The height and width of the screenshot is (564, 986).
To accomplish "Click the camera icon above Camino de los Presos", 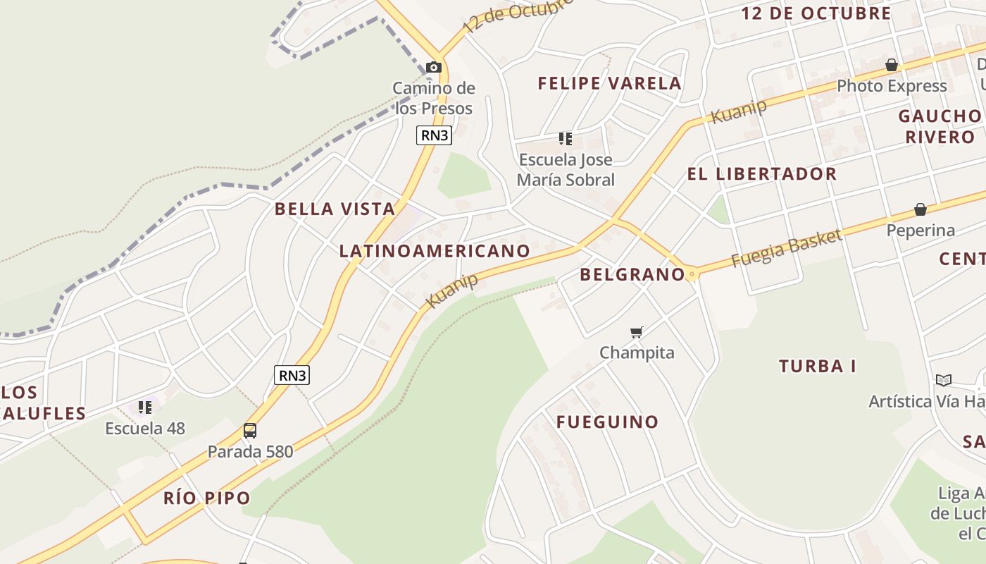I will click(434, 68).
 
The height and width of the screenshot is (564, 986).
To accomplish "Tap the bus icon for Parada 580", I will click(249, 430).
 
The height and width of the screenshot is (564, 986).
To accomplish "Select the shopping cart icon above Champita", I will click(637, 332).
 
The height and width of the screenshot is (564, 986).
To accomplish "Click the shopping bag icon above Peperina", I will click(920, 209).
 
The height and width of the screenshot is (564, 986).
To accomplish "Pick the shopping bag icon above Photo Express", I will click(892, 66).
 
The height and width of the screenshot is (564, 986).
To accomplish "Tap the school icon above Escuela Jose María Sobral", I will click(565, 139).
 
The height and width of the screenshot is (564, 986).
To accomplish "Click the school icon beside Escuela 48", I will click(145, 407).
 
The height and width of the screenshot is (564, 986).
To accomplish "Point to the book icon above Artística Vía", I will click(944, 381).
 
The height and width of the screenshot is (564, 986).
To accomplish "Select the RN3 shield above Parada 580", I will click(292, 375).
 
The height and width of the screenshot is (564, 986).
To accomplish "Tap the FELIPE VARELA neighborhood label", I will click(609, 83).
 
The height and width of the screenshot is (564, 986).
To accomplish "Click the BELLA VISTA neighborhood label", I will click(335, 209).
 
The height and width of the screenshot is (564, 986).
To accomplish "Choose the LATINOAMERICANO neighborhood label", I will click(435, 251).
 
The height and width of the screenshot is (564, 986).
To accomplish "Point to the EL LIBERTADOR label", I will click(761, 174).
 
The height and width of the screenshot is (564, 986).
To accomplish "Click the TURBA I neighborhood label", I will click(817, 367).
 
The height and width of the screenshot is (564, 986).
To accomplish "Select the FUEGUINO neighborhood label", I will click(607, 422).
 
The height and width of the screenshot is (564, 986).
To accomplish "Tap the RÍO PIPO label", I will click(206, 498).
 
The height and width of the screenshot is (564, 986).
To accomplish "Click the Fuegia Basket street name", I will click(786, 248).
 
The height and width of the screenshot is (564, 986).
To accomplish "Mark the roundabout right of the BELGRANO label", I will click(692, 274).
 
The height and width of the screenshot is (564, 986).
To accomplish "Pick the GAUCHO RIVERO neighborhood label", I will click(940, 126).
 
